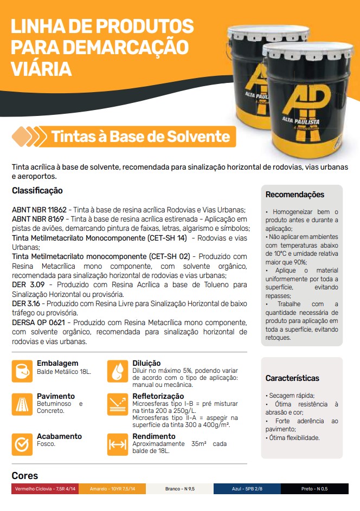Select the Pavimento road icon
click(22, 404)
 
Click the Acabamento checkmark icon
click(22, 444)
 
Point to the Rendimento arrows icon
click(118, 444)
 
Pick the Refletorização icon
click(118, 404)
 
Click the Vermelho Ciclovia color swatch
click(45, 489)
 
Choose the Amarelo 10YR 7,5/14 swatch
click(112, 489)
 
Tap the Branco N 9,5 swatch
click(179, 489)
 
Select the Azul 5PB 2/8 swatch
click(247, 489)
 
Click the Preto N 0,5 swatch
click(314, 489)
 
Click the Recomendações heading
click(295, 195)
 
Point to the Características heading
click(292, 378)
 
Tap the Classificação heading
click(37, 191)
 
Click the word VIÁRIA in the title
click(42, 69)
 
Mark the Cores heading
click(25, 476)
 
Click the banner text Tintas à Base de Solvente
click(141, 137)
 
